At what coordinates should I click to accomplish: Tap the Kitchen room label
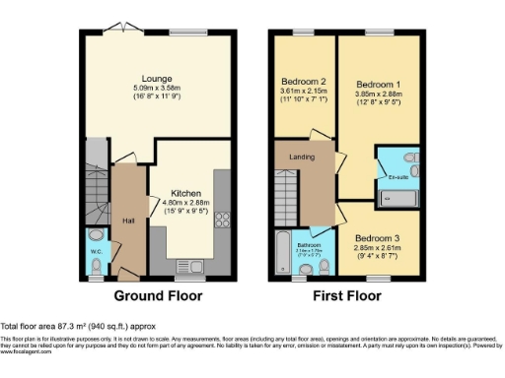186,193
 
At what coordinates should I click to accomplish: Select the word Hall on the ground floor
128,220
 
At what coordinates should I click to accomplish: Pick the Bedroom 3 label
378,238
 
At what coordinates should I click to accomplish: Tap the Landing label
301,157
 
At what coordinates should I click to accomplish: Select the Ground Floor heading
158,295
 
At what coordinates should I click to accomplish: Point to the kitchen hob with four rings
221,221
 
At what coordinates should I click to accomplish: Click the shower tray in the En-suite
398,197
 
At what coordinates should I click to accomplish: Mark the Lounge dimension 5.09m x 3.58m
158,88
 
